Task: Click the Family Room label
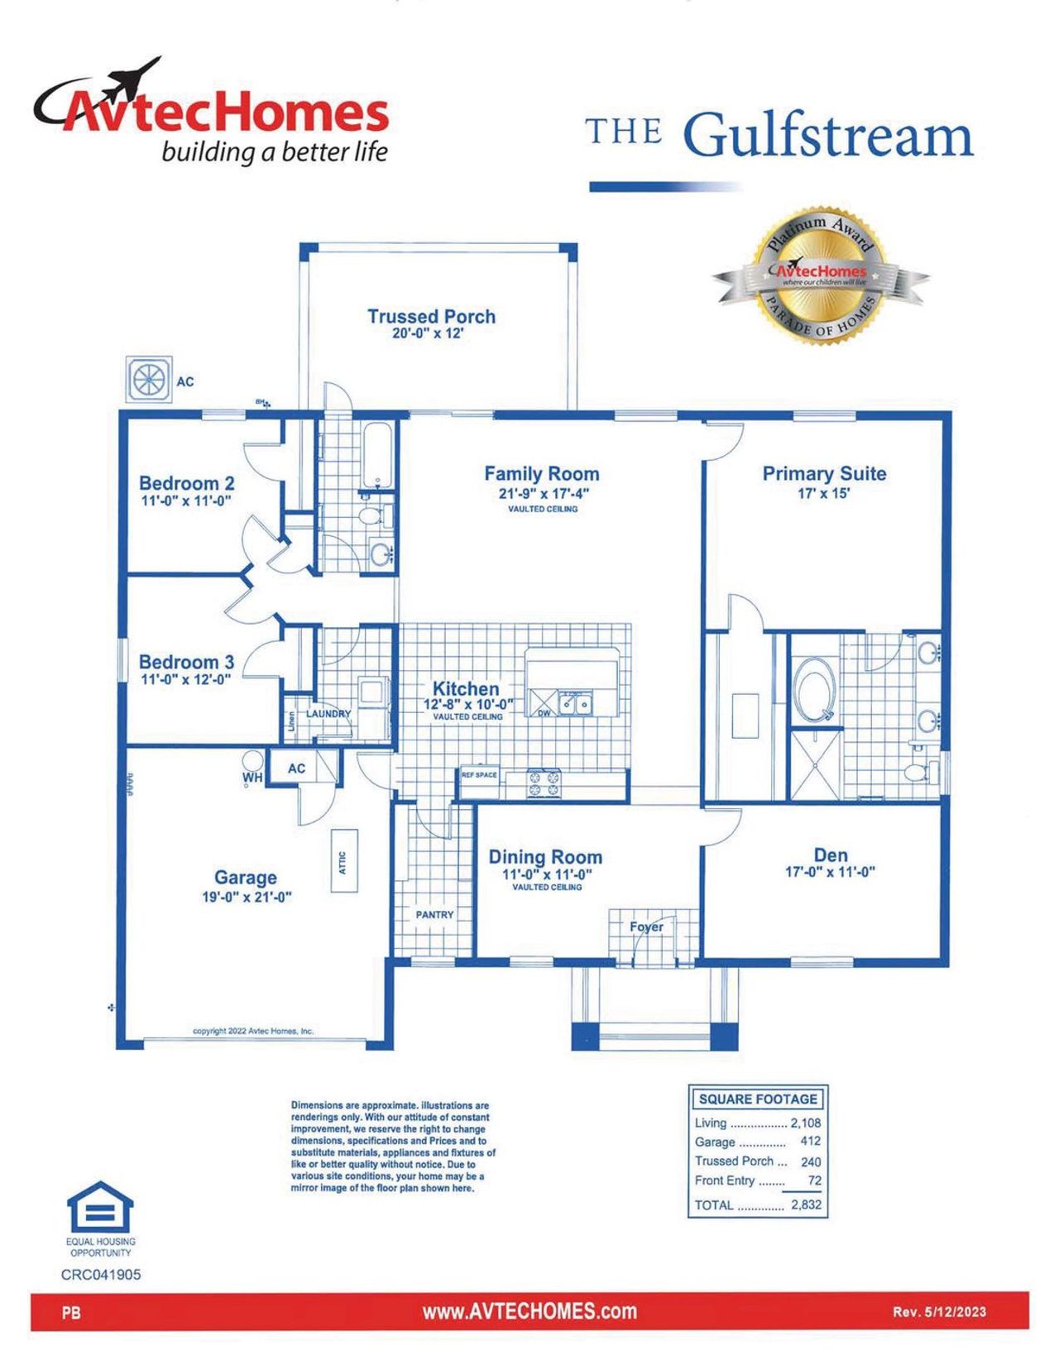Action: click(541, 474)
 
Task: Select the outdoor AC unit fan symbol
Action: click(150, 380)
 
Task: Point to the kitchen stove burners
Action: click(544, 783)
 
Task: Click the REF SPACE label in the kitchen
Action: click(479, 775)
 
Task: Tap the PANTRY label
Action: click(434, 914)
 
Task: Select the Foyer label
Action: click(646, 927)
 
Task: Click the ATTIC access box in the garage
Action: click(343, 860)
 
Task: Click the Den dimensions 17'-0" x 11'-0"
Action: click(830, 871)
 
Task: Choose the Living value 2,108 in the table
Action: click(805, 1123)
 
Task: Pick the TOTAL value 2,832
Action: click(806, 1205)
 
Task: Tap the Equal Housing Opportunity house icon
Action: click(100, 1207)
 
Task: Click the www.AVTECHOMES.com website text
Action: click(529, 1311)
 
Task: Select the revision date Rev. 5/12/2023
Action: click(939, 1312)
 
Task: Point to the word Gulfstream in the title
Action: click(828, 134)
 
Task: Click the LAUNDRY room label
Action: click(328, 713)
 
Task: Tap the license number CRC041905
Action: click(101, 1275)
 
